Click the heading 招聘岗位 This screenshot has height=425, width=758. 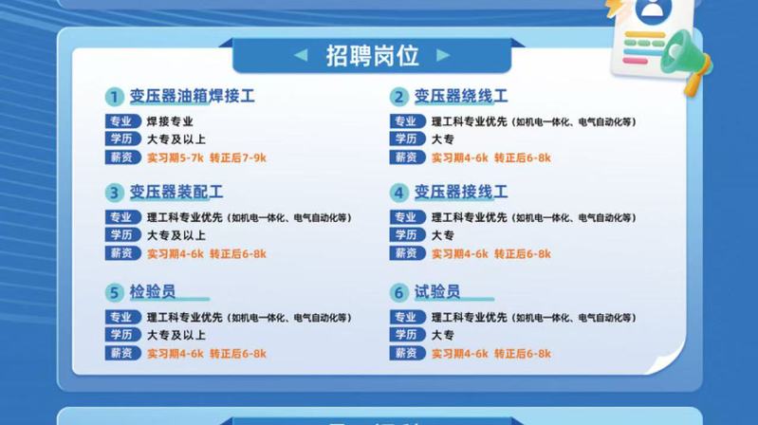click(372, 56)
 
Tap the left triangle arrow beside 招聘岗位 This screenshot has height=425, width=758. click(301, 55)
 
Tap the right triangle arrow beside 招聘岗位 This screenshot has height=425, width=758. click(443, 55)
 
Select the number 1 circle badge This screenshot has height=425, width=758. click(115, 97)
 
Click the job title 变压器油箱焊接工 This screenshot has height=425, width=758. click(192, 96)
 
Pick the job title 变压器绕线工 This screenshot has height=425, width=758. click(461, 96)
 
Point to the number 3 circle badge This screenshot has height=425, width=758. click(115, 193)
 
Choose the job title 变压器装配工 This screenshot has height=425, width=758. click(176, 192)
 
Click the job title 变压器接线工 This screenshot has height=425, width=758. click(461, 192)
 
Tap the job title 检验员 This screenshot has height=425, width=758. click(153, 291)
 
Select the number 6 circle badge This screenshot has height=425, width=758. click(399, 292)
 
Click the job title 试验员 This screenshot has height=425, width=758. click(437, 291)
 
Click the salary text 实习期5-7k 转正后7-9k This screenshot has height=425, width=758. click(207, 157)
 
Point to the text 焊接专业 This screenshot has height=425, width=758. click(170, 121)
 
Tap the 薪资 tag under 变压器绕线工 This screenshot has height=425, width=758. click(408, 157)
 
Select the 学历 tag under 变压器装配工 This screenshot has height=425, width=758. click(122, 235)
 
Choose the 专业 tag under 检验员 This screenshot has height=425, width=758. click(122, 317)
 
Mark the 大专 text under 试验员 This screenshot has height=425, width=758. click(443, 335)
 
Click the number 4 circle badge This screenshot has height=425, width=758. click(399, 193)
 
